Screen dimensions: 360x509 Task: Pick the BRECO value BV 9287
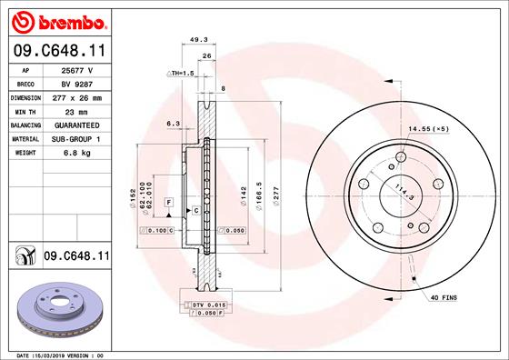[78, 83]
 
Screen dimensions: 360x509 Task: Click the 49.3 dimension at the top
[198, 39]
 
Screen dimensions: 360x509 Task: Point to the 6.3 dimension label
[173, 122]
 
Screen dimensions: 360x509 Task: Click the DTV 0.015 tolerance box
[205, 303]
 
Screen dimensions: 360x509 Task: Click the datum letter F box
[169, 200]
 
